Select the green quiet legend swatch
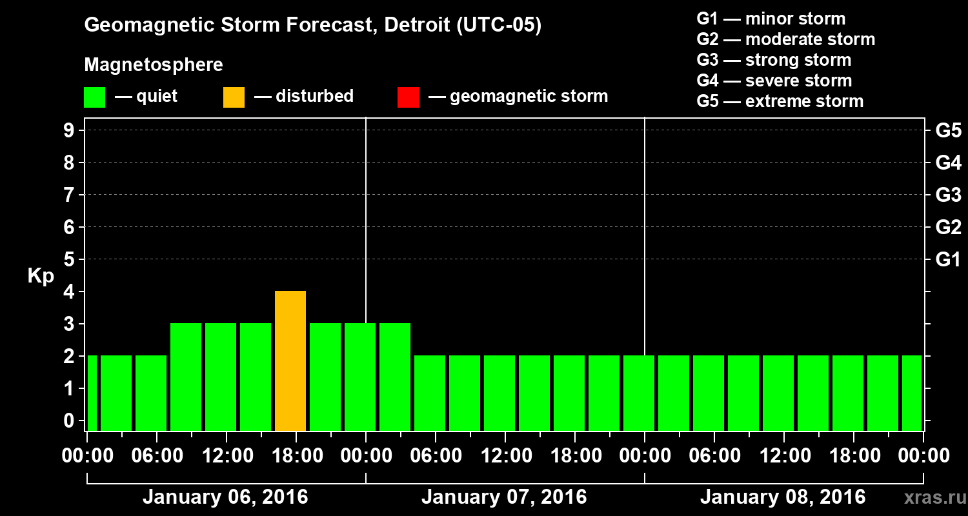click(x=94, y=97)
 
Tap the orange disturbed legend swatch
click(x=234, y=97)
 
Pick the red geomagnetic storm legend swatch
click(x=408, y=97)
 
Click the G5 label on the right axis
click(x=948, y=130)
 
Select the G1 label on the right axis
click(x=948, y=259)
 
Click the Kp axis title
click(x=41, y=276)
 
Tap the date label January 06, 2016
click(x=225, y=497)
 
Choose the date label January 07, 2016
click(x=504, y=497)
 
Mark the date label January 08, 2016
click(x=783, y=497)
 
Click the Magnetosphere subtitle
click(x=154, y=65)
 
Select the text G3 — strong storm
click(x=774, y=60)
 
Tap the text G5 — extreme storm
click(x=780, y=101)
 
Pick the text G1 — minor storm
click(x=771, y=19)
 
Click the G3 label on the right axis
click(x=948, y=195)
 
